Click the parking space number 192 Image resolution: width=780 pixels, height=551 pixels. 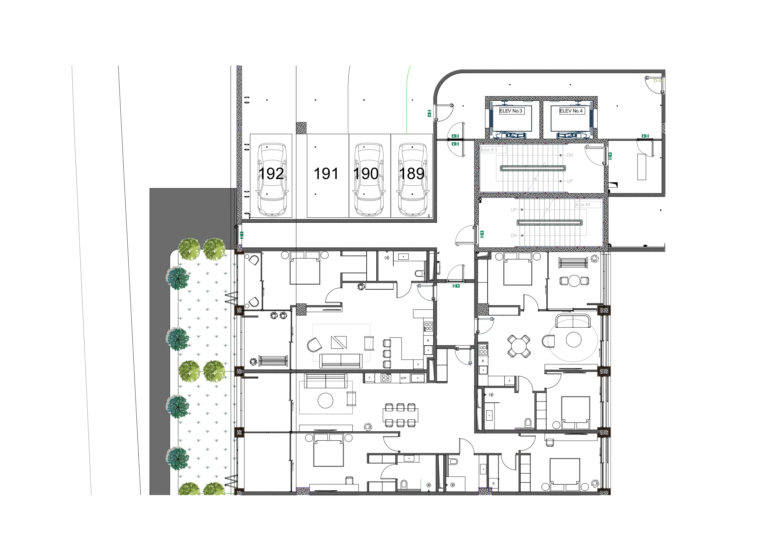(271, 174)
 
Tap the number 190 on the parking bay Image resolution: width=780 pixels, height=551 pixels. (366, 174)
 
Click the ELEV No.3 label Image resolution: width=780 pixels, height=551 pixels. (511, 111)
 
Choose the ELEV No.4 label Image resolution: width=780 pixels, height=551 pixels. (571, 111)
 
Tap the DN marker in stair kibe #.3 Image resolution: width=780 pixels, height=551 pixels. (569, 155)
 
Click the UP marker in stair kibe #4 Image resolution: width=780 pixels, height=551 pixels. (513, 210)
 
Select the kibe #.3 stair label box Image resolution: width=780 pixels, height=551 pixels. (493, 150)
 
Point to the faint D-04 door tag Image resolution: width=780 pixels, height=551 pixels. (658, 81)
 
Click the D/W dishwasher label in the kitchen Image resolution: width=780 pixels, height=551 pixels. (403, 378)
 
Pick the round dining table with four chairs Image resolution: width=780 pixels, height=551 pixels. (518, 346)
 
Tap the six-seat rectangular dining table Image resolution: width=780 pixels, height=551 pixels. (400, 415)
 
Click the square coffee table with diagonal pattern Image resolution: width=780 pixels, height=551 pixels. (339, 342)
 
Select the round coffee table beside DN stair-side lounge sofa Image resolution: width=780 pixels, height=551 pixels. (573, 340)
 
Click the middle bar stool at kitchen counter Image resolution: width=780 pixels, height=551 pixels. (387, 354)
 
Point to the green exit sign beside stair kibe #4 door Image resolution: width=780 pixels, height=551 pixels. (482, 234)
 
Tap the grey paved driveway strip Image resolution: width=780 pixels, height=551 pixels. (160, 340)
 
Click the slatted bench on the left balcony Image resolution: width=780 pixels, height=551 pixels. (273, 361)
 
